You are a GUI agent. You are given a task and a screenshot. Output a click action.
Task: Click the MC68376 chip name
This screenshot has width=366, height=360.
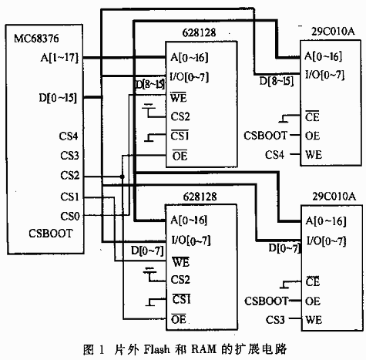[36, 39]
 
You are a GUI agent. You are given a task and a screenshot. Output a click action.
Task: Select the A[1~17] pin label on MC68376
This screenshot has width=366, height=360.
[59, 58]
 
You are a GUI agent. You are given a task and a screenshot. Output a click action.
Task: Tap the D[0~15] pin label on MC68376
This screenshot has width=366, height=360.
[58, 98]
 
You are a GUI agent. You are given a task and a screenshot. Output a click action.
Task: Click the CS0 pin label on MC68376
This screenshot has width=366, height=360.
[70, 216]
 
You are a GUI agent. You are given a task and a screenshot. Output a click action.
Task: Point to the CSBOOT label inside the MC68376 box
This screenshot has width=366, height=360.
[51, 234]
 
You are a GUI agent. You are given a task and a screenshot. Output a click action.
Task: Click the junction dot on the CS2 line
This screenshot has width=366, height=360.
[123, 177]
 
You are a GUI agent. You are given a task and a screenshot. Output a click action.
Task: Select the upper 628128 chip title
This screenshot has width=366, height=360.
[199, 32]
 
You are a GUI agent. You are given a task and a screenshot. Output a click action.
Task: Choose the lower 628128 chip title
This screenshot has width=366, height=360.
[200, 197]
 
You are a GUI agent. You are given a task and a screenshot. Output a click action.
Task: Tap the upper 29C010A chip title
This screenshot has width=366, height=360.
[333, 32]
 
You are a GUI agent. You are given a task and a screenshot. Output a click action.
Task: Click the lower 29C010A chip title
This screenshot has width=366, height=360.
[334, 197]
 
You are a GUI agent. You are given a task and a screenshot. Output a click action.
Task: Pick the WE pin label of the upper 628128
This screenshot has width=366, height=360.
[178, 97]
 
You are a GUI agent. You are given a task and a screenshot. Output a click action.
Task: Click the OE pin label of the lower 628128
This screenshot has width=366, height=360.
[179, 319]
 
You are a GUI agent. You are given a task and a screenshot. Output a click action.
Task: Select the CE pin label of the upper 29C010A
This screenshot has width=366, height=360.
[312, 116]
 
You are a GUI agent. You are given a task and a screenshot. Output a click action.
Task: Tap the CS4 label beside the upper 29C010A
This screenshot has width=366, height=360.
[274, 155]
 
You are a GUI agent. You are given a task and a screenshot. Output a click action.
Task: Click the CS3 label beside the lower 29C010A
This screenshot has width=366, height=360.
[275, 320]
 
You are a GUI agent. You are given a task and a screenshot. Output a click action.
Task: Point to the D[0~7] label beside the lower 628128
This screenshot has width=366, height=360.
[147, 251]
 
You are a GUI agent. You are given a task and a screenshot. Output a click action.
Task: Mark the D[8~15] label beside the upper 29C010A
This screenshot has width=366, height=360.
[276, 81]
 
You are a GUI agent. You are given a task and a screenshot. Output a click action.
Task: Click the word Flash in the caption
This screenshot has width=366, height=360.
[157, 349]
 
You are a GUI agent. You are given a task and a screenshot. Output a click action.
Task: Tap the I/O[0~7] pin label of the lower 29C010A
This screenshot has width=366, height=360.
[327, 241]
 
